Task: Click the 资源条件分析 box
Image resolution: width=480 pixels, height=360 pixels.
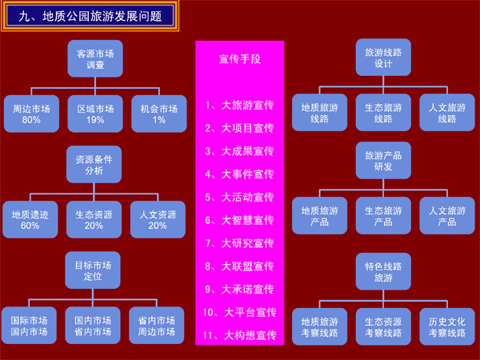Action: (94, 164)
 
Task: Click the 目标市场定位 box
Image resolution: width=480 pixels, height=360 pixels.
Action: (94, 270)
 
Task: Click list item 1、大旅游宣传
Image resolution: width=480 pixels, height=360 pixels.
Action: (239, 105)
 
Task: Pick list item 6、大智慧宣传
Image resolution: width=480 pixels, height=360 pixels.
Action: (239, 220)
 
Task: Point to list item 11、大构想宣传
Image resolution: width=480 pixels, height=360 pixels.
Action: (239, 334)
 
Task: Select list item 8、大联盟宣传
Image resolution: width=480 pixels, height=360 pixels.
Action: (239, 266)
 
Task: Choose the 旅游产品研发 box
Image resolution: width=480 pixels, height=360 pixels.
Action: (383, 161)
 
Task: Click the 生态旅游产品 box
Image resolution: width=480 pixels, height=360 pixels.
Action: (383, 216)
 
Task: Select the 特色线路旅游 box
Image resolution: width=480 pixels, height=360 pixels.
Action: (383, 270)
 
